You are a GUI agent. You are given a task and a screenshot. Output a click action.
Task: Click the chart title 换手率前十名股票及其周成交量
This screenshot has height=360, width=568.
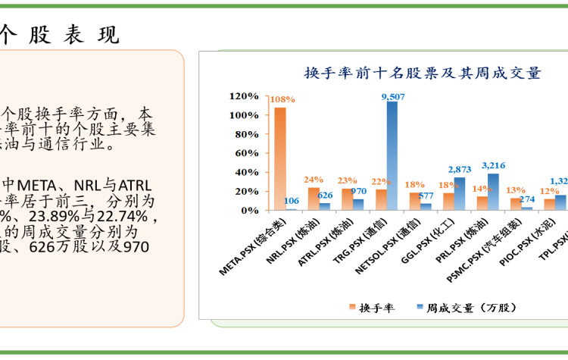422,74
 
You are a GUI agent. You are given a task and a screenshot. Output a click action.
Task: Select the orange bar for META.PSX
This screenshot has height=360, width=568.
280,158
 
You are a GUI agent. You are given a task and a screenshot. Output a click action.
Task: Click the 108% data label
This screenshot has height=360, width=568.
282,99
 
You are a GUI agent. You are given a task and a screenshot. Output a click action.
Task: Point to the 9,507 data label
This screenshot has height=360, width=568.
393,96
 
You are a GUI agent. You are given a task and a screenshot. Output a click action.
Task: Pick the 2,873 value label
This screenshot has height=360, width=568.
460,169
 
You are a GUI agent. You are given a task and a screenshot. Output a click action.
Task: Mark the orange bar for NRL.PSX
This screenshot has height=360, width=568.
314,199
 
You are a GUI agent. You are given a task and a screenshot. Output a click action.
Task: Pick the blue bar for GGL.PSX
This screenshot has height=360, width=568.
460,194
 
